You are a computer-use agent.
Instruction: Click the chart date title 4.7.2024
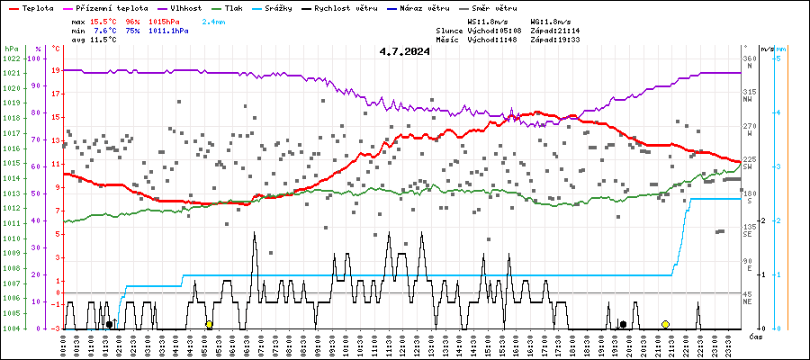coord(404,51)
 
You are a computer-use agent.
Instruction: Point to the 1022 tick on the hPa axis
coord(12,58)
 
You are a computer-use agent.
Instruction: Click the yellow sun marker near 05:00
coord(209,324)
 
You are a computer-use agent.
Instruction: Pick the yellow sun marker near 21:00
coord(665,324)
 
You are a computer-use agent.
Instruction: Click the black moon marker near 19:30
coord(623,324)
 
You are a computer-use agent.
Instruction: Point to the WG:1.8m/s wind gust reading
coord(550,20)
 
